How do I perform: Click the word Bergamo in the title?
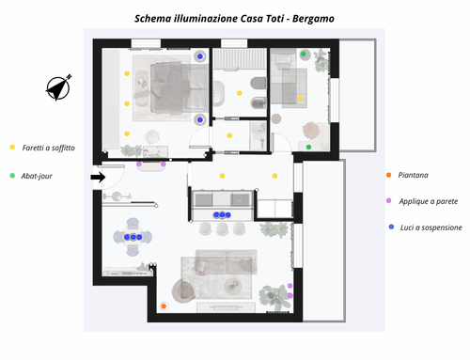tap(313, 19)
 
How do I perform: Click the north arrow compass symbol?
tap(58, 88)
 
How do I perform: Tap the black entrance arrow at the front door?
tap(98, 177)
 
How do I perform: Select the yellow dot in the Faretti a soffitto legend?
tap(12, 147)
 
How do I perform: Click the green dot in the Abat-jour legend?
tap(12, 176)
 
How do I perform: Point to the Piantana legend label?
tap(413, 175)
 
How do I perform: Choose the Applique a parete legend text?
tap(429, 201)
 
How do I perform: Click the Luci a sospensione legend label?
tap(431, 227)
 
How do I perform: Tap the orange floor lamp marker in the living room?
tap(164, 306)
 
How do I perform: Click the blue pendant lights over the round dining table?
tap(133, 237)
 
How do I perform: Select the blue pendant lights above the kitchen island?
tap(222, 215)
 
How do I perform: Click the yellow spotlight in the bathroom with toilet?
tap(240, 93)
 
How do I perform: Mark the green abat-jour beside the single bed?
tap(304, 54)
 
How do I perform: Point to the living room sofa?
tap(226, 262)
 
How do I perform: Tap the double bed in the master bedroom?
tap(179, 87)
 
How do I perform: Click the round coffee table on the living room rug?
tap(233, 286)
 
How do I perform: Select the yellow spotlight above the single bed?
tap(300, 99)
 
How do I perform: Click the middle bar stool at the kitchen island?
tap(222, 228)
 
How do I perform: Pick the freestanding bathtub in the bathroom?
tap(218, 93)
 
